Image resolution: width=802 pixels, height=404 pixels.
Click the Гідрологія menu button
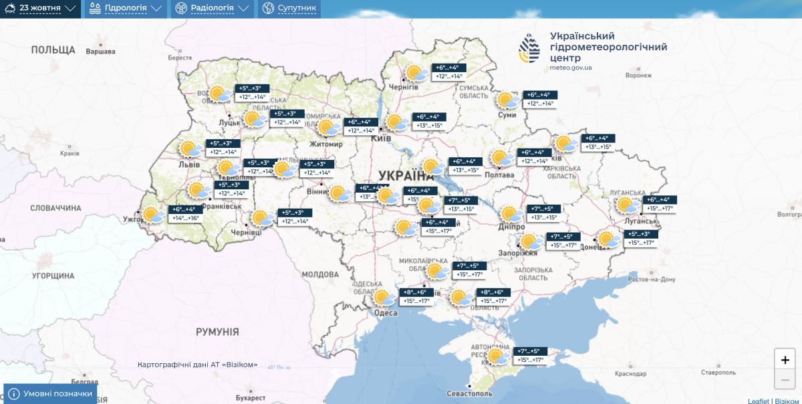pos(125,9)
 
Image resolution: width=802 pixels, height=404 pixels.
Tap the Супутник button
pos(289,9)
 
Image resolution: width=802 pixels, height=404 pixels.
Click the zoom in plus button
pos(785,359)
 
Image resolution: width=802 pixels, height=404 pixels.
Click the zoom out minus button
pos(785,381)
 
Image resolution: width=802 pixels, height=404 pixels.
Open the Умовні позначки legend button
pos(50,394)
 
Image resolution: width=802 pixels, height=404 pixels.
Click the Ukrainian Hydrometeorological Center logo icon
pos(530,49)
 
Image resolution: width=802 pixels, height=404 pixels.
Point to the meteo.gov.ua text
pos(570,68)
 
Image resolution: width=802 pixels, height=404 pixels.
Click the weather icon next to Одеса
pos(384,298)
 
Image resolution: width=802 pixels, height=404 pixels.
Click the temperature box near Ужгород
pos(184,214)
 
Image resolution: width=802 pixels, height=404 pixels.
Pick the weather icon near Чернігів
pos(415,73)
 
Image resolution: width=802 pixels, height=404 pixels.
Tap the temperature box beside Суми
pos(540,99)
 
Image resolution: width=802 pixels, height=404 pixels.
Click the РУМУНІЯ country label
pos(217,332)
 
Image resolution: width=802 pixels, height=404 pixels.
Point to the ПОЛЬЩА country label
pos(53,50)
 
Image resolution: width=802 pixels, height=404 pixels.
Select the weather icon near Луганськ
pos(626,205)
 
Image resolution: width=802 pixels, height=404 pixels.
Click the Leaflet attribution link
pos(758,401)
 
